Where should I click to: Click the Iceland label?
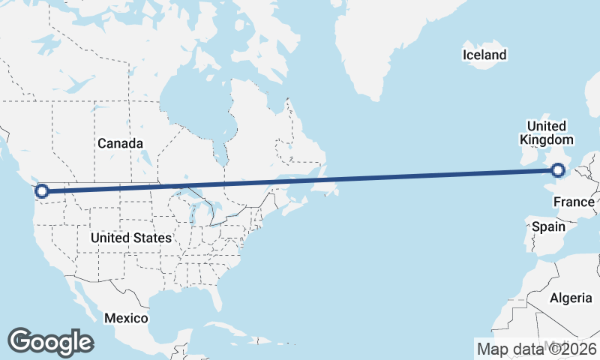tap(484, 55)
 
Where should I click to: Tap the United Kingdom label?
tap(546, 133)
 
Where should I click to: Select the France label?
tap(574, 202)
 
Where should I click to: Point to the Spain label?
tap(547, 226)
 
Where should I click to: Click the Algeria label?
tap(571, 298)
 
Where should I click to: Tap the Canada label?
tap(120, 142)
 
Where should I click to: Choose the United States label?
tap(130, 238)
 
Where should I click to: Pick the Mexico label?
tap(126, 318)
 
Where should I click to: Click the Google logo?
tap(50, 342)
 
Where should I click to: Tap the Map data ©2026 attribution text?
tap(536, 349)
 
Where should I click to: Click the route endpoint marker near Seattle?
tap(42, 191)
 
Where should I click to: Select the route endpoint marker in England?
tap(558, 171)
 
